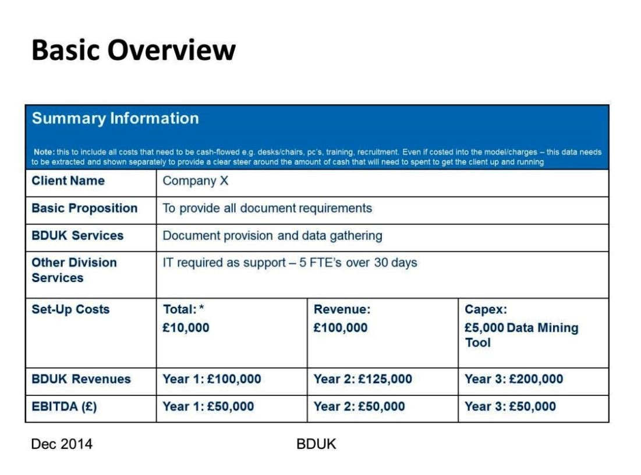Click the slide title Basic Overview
click(x=133, y=51)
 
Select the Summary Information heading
click(x=115, y=119)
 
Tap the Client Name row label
click(x=68, y=181)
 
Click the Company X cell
click(x=196, y=181)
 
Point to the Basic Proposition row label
click(x=84, y=208)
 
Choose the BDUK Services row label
click(x=77, y=235)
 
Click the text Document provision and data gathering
click(x=272, y=235)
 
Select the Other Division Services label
click(x=74, y=270)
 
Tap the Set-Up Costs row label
click(x=70, y=309)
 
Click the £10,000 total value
click(x=186, y=328)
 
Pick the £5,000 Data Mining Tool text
click(x=521, y=335)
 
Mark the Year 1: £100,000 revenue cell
click(x=212, y=380)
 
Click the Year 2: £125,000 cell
click(x=363, y=380)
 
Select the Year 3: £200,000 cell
click(x=513, y=380)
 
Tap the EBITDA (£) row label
click(x=64, y=407)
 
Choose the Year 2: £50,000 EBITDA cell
click(x=359, y=407)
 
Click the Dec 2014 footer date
click(x=62, y=445)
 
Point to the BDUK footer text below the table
click(x=316, y=445)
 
